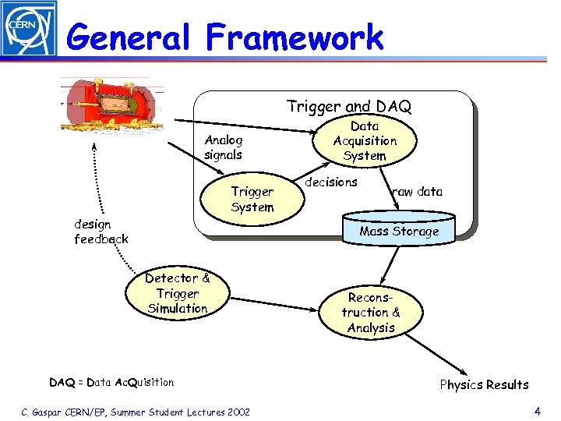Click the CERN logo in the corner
pyautogui.click(x=29, y=29)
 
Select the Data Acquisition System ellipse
pyautogui.click(x=365, y=141)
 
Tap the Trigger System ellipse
pyautogui.click(x=252, y=200)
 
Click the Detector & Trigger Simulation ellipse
pyautogui.click(x=178, y=294)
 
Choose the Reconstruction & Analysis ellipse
pyautogui.click(x=371, y=313)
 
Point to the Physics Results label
pyautogui.click(x=484, y=384)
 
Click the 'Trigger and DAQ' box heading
pyautogui.click(x=348, y=106)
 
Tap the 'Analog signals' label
pyautogui.click(x=224, y=147)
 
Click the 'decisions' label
pyautogui.click(x=330, y=182)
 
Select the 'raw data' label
pyautogui.click(x=417, y=192)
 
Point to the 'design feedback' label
pyautogui.click(x=101, y=232)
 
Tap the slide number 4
pyautogui.click(x=537, y=410)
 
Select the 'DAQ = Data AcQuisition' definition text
pyautogui.click(x=111, y=382)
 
